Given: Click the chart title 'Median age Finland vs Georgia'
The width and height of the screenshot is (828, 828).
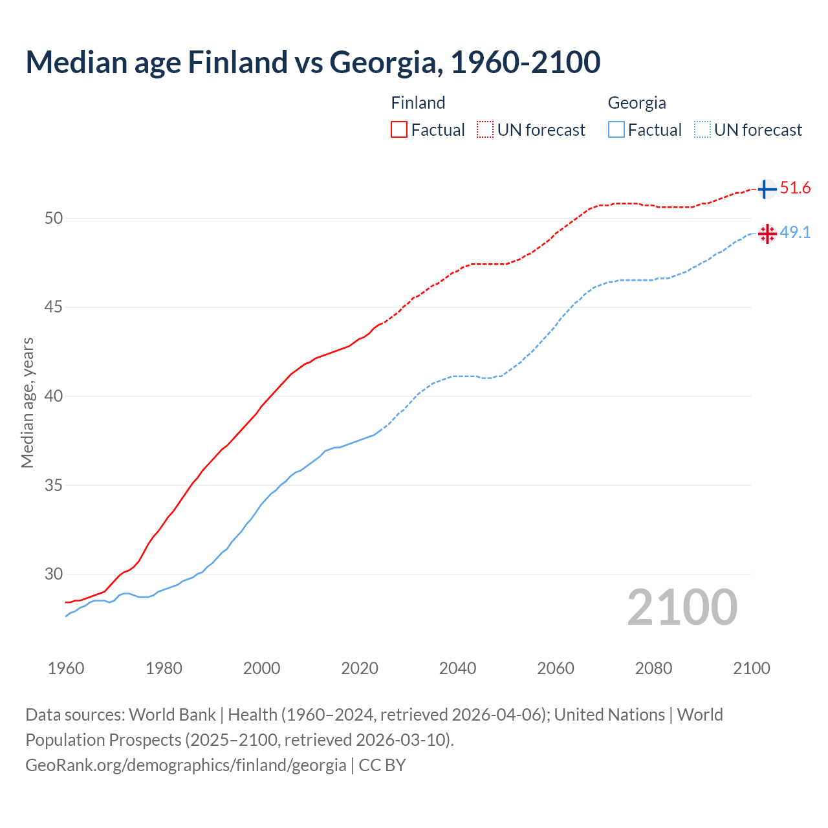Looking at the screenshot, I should tap(313, 62).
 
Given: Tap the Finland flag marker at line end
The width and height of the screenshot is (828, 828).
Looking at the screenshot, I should tap(767, 189).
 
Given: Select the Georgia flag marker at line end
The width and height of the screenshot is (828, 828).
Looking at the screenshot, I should tap(767, 234).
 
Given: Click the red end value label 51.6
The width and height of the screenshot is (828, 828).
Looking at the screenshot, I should tap(795, 188).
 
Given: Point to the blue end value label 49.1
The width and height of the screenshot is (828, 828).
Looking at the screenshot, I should tap(795, 233).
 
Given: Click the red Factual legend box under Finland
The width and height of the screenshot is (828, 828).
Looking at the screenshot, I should tap(399, 130).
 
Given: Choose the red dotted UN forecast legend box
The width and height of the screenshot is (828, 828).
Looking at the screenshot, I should tap(485, 130).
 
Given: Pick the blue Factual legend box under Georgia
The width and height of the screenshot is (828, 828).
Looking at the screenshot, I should tap(616, 130).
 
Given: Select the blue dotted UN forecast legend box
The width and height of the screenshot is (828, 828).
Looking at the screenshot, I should tap(702, 130).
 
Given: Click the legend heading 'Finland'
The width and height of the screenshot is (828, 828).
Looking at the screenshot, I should tap(418, 103).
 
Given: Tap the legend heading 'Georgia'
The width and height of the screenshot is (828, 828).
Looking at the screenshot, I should tap(637, 103).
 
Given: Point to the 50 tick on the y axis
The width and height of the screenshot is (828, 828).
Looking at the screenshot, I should tap(54, 218).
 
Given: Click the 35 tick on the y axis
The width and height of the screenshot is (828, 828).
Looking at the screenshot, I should tap(54, 485).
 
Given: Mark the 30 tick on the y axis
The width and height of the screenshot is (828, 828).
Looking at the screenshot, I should tap(54, 574).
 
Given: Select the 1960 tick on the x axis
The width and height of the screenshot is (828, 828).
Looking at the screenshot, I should tap(66, 668).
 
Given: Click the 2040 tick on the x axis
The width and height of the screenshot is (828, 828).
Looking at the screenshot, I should tap(458, 668).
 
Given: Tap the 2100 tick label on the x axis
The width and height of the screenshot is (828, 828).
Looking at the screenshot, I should tap(752, 668).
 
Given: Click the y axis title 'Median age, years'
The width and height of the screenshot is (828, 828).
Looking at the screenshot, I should tap(27, 402).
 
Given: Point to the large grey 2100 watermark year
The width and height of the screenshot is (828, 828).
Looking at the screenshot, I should tap(682, 607).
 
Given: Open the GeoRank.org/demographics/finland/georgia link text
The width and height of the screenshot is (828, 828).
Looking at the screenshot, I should tap(186, 765).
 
